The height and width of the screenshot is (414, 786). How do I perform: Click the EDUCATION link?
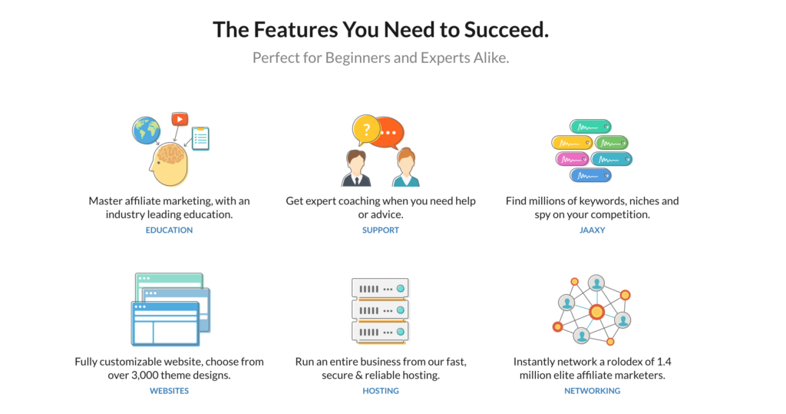point(169,230)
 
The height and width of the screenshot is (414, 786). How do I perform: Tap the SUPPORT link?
point(381,230)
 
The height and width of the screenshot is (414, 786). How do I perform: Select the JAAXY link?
point(592,230)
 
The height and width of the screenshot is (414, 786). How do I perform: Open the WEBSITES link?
point(169,390)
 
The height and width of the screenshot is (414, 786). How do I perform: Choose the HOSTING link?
point(381,390)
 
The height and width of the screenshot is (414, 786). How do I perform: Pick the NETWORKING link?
point(592,390)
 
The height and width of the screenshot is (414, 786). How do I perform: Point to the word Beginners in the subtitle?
point(358,58)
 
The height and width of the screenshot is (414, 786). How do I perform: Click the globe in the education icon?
point(147,131)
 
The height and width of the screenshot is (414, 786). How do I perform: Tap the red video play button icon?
point(180,119)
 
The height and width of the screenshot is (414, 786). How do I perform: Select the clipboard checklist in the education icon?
point(200,138)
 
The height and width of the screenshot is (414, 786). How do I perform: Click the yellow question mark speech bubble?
point(366,130)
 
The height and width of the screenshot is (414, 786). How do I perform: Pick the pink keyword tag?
point(571,159)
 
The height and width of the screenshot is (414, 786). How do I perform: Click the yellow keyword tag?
point(572,143)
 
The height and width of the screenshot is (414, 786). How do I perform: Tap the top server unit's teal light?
point(401,289)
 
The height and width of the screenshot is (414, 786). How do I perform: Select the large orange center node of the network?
point(596,312)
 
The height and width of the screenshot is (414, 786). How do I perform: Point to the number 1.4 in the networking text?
point(664,362)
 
